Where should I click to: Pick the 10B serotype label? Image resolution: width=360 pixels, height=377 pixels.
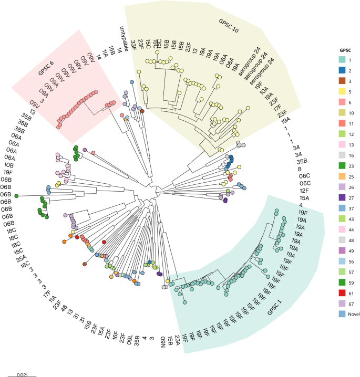tap(9, 164)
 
